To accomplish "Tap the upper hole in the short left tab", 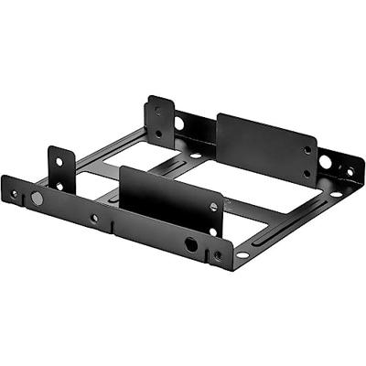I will (x=59, y=162).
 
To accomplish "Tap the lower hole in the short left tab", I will (x=60, y=186).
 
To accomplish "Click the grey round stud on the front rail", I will (x=37, y=198).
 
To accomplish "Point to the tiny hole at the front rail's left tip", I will (x=13, y=193).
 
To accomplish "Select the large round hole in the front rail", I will (x=190, y=244).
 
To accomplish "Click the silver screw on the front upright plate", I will (x=213, y=207).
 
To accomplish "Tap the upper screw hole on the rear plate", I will (x=307, y=150).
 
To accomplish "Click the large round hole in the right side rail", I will (x=326, y=161).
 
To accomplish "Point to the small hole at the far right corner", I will (x=350, y=171).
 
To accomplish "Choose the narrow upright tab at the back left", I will (x=160, y=121).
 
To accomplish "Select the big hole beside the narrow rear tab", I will (x=178, y=123).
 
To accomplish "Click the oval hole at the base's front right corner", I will (x=242, y=253).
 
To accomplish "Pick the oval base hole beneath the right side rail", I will (x=336, y=194).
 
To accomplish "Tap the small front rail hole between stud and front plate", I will (x=94, y=218).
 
